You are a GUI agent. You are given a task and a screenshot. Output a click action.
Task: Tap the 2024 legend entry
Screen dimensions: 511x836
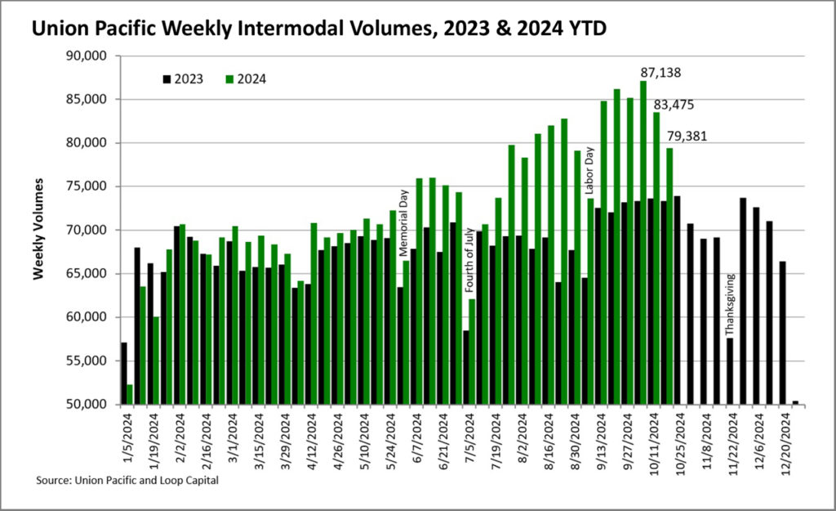click(247, 79)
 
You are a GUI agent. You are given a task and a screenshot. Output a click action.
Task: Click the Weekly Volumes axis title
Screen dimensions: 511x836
click(38, 230)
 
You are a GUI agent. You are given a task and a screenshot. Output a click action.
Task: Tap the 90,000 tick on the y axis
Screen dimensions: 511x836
click(91, 56)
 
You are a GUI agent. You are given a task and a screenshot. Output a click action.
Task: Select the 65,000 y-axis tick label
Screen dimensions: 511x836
click(91, 274)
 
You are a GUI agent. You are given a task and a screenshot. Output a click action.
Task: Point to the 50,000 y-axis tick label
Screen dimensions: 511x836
click(91, 405)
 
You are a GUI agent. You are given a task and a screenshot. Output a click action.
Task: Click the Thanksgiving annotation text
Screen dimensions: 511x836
click(730, 305)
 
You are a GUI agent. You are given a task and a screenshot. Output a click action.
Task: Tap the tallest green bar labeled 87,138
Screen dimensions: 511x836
click(643, 242)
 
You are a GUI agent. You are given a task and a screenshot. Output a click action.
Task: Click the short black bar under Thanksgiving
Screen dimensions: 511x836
click(729, 371)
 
